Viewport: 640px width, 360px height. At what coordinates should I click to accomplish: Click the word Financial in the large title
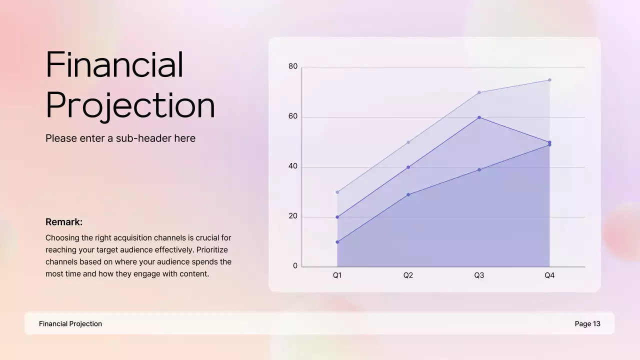click(114, 65)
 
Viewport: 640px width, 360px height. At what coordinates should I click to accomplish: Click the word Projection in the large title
click(130, 105)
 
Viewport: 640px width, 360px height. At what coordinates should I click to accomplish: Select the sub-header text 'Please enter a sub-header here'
click(120, 138)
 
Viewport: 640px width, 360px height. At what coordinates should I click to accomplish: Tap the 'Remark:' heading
click(64, 222)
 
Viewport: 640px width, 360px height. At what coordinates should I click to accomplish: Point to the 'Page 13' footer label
click(587, 324)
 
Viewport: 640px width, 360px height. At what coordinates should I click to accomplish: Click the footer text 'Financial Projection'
click(70, 324)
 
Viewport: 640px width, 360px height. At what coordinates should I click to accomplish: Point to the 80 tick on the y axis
click(292, 66)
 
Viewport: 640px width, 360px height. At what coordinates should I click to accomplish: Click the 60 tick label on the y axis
click(292, 116)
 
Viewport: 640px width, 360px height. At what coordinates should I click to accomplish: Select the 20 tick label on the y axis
click(292, 216)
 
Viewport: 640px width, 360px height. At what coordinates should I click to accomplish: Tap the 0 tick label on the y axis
click(295, 266)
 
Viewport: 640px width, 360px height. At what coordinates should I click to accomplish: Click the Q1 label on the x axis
click(337, 275)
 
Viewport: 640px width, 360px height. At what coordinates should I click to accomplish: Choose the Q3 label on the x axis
click(479, 275)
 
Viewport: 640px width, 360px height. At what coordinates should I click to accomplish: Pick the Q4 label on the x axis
click(549, 275)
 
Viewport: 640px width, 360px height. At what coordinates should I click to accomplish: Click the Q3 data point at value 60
click(479, 117)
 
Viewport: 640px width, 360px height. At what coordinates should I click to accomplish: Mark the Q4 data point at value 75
click(549, 80)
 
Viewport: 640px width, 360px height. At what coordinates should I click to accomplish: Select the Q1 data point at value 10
click(337, 242)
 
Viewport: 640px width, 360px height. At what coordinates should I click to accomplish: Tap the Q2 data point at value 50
click(408, 142)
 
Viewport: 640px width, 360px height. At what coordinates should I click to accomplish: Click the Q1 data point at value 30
click(337, 192)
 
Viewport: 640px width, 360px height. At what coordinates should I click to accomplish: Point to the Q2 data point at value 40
click(408, 167)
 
